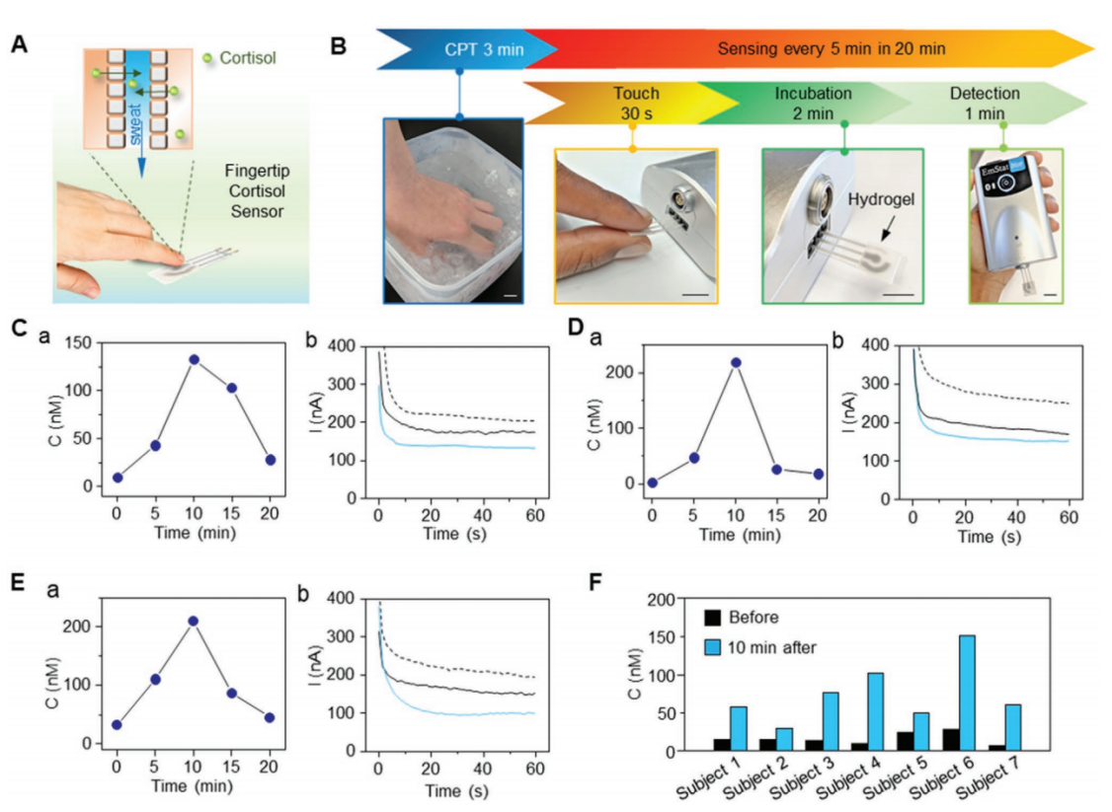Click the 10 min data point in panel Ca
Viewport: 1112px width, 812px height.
(x=195, y=360)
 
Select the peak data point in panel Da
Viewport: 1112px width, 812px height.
(x=734, y=362)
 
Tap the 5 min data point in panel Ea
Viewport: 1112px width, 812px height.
(x=154, y=679)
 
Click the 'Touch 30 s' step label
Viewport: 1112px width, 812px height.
(x=635, y=105)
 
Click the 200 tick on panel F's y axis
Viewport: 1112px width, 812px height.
(x=679, y=600)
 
